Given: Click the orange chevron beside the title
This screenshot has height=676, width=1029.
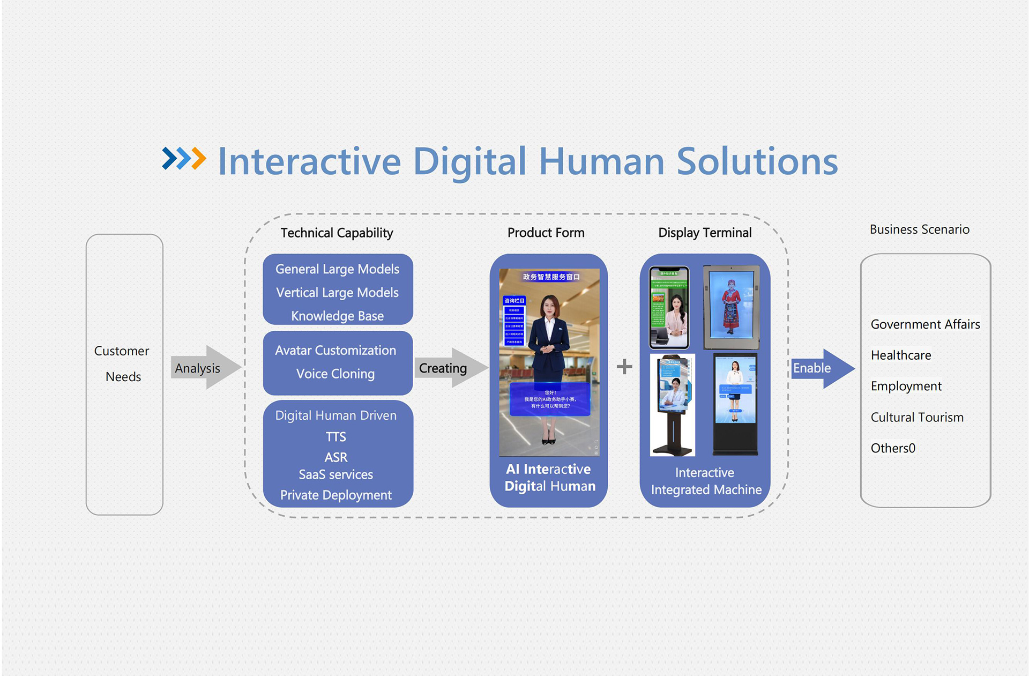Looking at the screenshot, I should [x=198, y=158].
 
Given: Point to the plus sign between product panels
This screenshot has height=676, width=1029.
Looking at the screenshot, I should [x=624, y=367].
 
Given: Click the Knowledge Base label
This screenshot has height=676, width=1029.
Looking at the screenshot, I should [x=337, y=316].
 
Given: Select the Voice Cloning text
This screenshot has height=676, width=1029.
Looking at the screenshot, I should [x=335, y=374].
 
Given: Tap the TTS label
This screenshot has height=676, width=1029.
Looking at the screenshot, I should [x=336, y=437].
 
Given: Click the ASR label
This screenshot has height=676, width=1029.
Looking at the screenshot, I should [x=336, y=457].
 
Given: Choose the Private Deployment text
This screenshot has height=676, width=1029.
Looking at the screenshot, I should [x=336, y=495].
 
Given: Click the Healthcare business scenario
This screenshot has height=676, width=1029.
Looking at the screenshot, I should [x=901, y=355].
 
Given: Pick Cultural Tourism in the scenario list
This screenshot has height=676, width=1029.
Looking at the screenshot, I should [x=917, y=417].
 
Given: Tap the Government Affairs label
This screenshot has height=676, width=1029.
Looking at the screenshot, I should [x=925, y=324].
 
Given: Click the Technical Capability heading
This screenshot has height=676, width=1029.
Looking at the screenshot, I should [x=337, y=233].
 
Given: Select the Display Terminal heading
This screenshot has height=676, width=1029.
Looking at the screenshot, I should [x=705, y=233].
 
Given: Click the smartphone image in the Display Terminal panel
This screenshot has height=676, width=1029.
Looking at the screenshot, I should [x=669, y=308].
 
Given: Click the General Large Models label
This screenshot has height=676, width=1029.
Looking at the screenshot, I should [x=337, y=269].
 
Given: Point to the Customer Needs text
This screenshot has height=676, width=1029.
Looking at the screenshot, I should [x=123, y=363].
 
